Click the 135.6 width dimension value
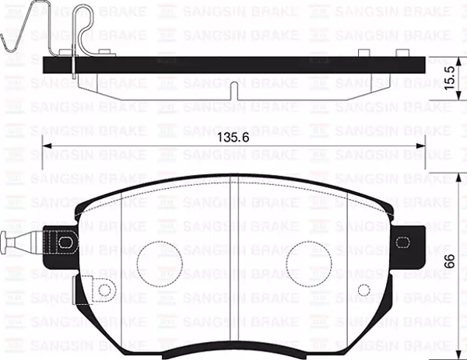pos(233,138)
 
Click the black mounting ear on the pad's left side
pos(60,243)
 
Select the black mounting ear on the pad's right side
pos(408,243)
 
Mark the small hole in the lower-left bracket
pos(103,290)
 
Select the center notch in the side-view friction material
pos(233,87)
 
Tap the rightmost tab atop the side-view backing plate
pos(402,53)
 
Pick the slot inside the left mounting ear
pos(65,243)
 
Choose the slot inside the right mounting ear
pos(403,243)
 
